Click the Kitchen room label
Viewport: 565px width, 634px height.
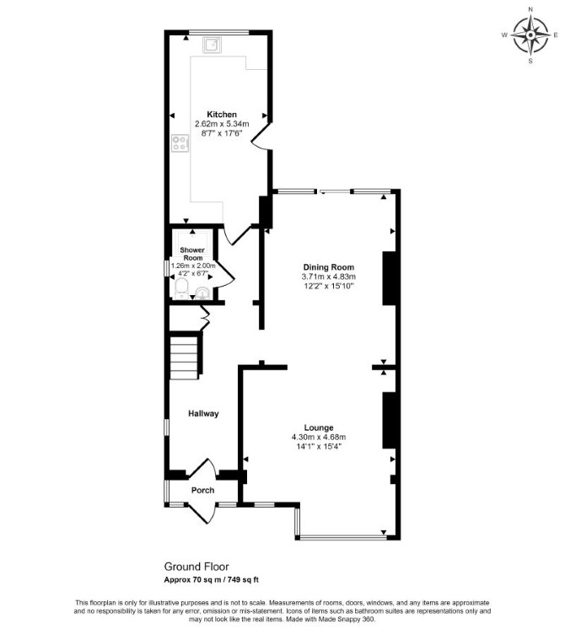(x=222, y=115)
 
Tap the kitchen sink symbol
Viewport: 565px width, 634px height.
(x=212, y=45)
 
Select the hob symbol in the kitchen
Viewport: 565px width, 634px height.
(x=180, y=142)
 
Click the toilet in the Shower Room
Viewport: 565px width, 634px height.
(x=181, y=287)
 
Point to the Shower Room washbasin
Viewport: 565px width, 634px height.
(x=202, y=293)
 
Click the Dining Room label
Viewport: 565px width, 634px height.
(x=329, y=267)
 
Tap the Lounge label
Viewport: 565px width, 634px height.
(x=319, y=427)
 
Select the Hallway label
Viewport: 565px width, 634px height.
(x=203, y=414)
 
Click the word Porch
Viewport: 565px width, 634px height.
(x=202, y=491)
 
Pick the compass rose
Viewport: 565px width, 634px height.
(x=530, y=35)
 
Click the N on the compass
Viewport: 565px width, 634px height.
(x=530, y=9)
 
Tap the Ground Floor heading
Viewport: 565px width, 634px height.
(x=196, y=567)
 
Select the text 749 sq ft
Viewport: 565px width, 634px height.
(x=243, y=580)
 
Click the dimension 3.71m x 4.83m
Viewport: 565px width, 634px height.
(x=328, y=277)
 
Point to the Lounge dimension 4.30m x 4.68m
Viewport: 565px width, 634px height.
(x=319, y=437)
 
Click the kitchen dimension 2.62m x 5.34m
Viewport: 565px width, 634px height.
(x=222, y=124)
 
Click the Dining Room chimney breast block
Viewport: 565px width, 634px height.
(x=389, y=278)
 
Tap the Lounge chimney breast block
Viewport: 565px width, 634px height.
(x=389, y=420)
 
